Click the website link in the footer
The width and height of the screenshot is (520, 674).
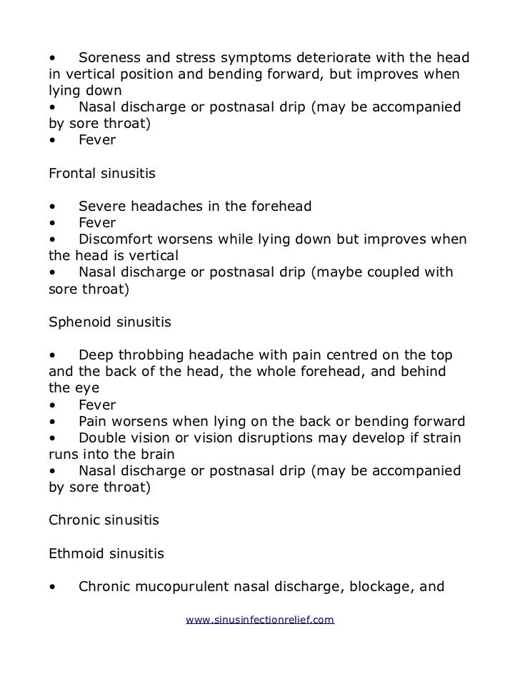(260, 620)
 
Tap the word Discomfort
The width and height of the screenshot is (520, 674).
(119, 239)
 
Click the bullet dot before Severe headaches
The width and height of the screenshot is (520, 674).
(53, 207)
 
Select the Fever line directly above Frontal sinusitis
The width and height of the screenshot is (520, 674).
(96, 140)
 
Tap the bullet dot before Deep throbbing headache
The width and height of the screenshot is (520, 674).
(53, 356)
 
